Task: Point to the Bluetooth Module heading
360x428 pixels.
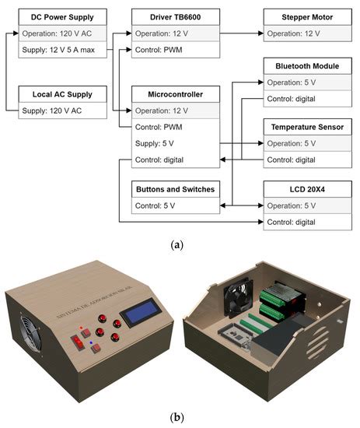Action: coord(302,66)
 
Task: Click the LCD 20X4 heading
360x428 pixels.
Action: coord(302,189)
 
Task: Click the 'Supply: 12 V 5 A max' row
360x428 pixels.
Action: coord(62,51)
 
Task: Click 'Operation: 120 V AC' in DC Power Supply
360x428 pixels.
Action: coord(62,33)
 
